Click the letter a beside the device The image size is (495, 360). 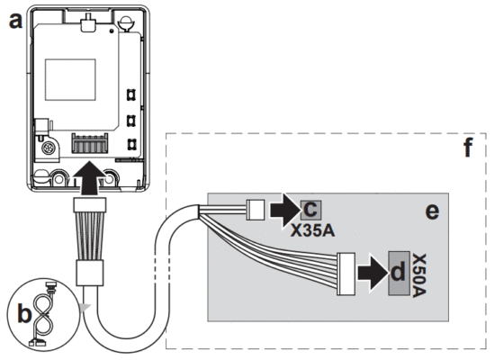click(x=14, y=21)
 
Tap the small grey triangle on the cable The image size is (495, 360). click(x=84, y=309)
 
